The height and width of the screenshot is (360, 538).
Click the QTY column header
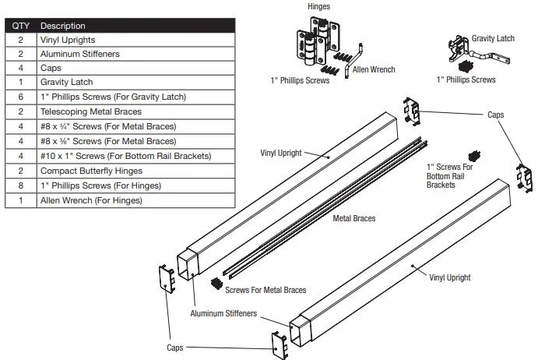[x=19, y=26]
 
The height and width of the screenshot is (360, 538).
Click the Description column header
[x=63, y=26]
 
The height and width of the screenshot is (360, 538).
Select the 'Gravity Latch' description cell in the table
[x=66, y=82]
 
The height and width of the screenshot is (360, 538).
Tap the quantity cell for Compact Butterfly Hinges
[x=19, y=171]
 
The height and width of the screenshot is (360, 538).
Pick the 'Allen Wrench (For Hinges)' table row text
[x=91, y=200]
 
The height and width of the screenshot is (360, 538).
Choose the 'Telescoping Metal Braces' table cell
[x=90, y=111]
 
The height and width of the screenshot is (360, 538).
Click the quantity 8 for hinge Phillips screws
[x=19, y=185]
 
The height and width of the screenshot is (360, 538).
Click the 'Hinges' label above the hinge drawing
[x=318, y=7]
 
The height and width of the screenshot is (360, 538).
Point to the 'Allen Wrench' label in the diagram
[x=374, y=69]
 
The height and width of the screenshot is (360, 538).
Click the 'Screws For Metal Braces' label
[x=265, y=290]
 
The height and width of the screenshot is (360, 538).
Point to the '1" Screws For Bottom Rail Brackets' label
[x=449, y=175]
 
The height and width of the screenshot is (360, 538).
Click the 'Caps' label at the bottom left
[x=176, y=348]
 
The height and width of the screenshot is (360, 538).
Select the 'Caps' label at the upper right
[x=495, y=115]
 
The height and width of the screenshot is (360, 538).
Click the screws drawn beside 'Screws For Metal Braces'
[x=216, y=284]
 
